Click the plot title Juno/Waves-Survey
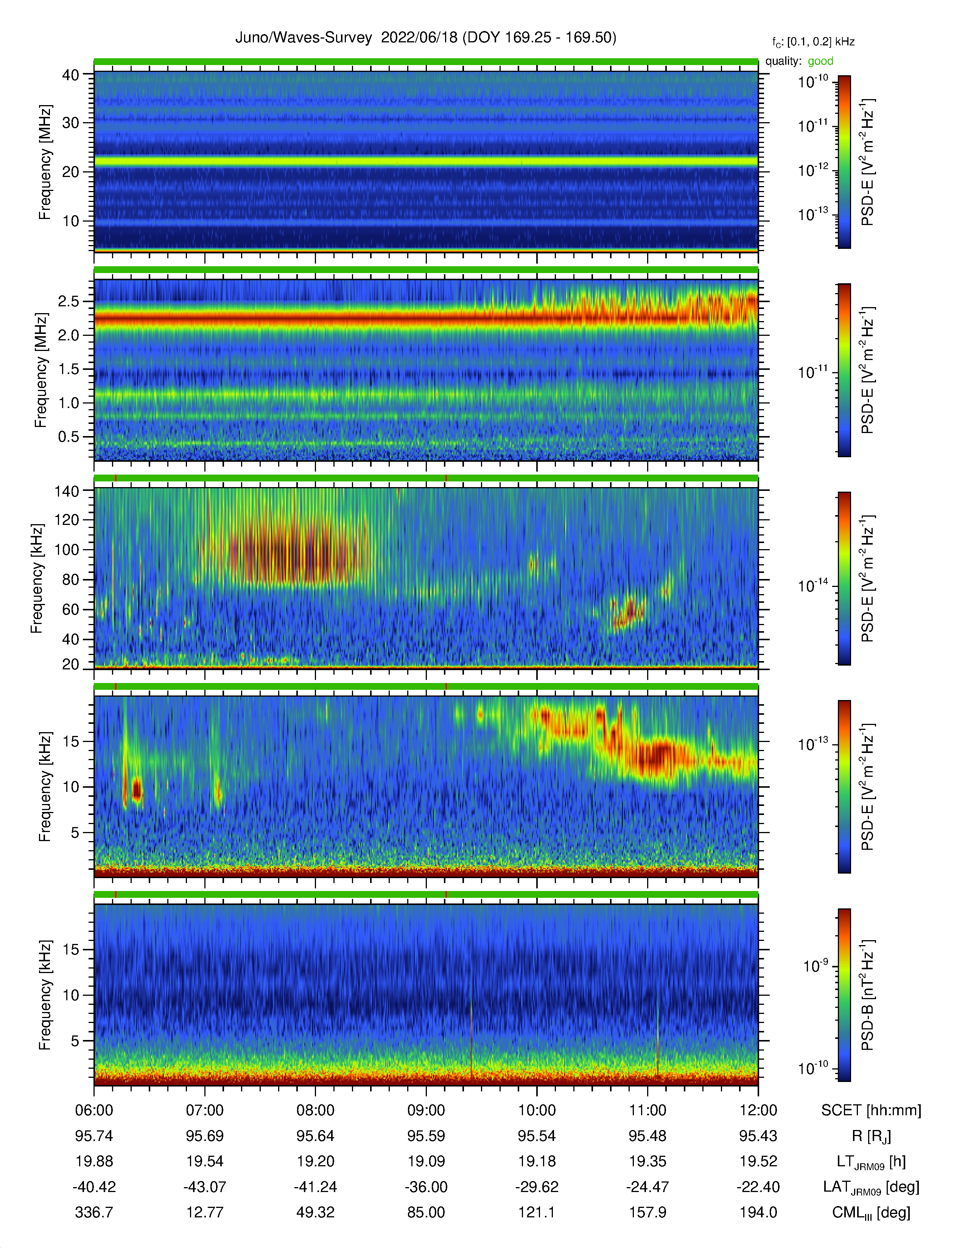[x=304, y=38]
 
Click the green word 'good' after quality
[x=820, y=61]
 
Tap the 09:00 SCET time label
[x=426, y=1110]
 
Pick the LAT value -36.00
[x=426, y=1187]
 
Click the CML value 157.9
[x=648, y=1212]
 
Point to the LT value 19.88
[x=94, y=1161]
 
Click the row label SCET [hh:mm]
[x=871, y=1110]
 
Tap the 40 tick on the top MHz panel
[x=71, y=75]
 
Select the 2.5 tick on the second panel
[x=68, y=301]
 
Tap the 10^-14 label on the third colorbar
[x=813, y=586]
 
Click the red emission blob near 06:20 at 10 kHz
[x=137, y=790]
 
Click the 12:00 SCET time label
[x=758, y=1110]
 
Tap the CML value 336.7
[x=94, y=1212]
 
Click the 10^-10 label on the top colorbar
[x=813, y=82]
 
